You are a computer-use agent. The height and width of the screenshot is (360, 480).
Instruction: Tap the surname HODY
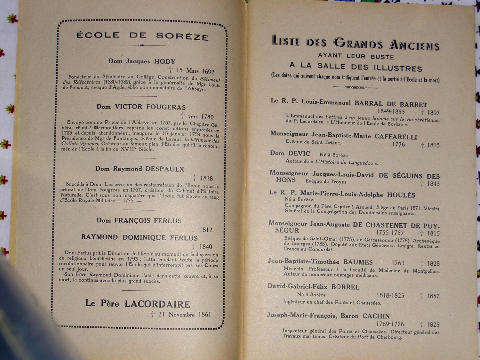coord(165,61)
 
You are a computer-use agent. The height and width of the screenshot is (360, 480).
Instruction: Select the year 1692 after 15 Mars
coord(208,71)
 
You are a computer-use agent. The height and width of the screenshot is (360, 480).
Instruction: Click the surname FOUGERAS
coord(166,107)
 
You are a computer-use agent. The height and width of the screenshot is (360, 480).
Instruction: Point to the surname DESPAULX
coord(165,169)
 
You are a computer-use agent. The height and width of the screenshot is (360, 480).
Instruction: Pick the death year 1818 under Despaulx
coord(207,178)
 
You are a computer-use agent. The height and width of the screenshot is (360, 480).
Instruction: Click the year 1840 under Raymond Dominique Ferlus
coord(206,246)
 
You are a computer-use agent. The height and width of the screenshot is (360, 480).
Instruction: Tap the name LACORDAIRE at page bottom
coord(157,304)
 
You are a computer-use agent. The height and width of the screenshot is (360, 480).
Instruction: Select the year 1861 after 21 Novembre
coord(204,315)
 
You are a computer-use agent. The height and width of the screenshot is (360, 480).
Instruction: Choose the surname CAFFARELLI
coord(396,137)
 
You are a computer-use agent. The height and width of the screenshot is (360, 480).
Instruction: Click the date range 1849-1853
coord(391,112)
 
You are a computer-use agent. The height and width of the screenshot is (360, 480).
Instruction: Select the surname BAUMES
coord(358,262)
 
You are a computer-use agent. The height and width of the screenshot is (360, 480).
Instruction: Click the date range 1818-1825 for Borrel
coord(390,296)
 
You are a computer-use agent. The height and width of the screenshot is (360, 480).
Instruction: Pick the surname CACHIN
coord(376,316)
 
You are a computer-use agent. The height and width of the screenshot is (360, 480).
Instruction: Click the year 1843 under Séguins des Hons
coord(434,184)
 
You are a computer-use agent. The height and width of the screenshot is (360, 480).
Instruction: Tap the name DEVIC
coord(299,154)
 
